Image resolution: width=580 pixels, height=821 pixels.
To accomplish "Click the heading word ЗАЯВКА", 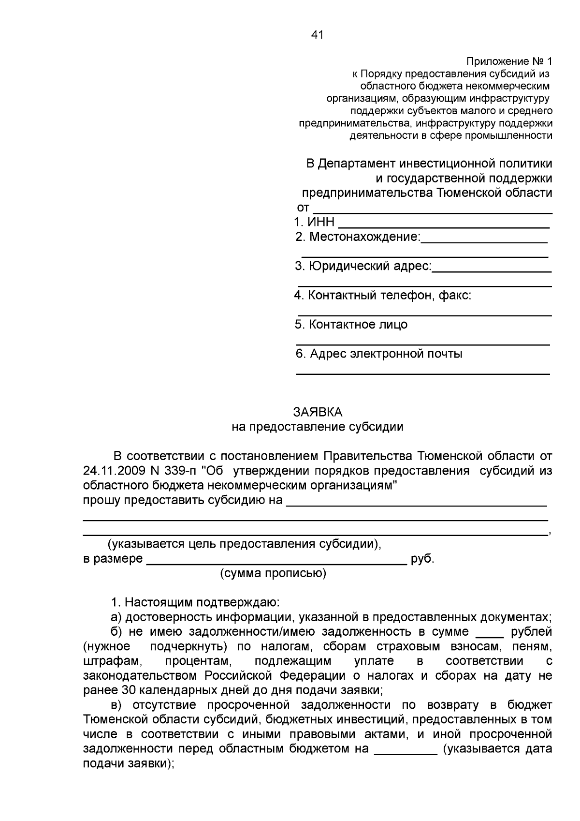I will click(x=318, y=412).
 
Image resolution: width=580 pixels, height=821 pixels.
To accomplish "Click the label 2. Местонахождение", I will click(x=358, y=237).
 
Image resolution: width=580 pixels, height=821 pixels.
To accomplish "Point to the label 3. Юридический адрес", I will click(x=363, y=266).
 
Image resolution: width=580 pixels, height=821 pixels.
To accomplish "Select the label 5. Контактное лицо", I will click(x=351, y=325).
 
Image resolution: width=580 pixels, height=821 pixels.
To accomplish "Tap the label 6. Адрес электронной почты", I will click(x=379, y=354).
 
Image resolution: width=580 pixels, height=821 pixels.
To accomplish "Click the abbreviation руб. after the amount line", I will click(x=422, y=559).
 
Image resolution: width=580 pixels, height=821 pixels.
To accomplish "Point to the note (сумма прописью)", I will click(x=273, y=574).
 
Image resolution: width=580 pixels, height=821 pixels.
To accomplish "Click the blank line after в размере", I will click(x=276, y=562).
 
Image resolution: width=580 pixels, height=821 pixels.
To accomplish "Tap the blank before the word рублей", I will click(x=490, y=635).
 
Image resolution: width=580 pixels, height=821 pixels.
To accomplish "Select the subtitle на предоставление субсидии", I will click(x=318, y=427).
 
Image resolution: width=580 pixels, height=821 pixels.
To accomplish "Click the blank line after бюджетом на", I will click(x=406, y=752).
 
